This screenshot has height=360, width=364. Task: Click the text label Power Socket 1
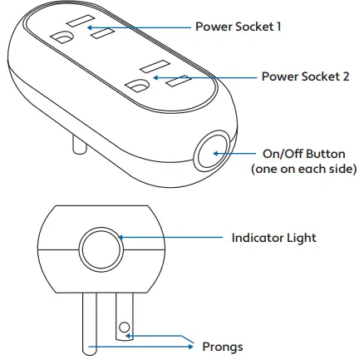pyautogui.click(x=238, y=27)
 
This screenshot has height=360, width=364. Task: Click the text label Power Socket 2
pyautogui.click(x=305, y=76)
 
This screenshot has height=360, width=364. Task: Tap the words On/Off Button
pyautogui.click(x=298, y=153)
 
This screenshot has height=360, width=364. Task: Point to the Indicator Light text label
pyautogui.click(x=273, y=238)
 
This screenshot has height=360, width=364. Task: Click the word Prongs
pyautogui.click(x=223, y=346)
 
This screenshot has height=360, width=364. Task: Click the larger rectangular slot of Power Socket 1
pyautogui.click(x=81, y=19)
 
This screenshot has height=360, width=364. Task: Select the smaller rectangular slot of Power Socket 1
pyautogui.click(x=102, y=36)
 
